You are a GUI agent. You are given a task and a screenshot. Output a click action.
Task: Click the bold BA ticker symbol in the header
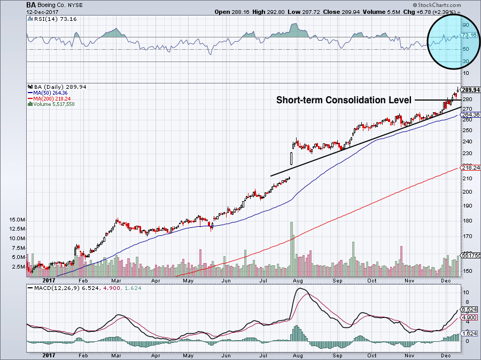click(x=32, y=5)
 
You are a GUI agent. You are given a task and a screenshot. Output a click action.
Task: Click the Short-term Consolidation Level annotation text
click(x=344, y=100)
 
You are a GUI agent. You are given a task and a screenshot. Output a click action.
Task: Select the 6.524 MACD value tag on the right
click(x=468, y=310)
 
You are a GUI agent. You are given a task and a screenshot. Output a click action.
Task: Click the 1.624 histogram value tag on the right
click(x=468, y=333)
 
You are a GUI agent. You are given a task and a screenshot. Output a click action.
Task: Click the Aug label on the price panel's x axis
click(x=298, y=280)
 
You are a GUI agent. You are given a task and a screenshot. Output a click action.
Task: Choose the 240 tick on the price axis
click(x=466, y=142)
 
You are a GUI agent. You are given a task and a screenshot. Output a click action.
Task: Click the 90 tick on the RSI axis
click(x=466, y=25)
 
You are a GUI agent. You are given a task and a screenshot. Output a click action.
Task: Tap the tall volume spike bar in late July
click(x=292, y=246)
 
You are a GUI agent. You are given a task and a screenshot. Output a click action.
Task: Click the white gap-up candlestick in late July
click(x=291, y=158)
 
